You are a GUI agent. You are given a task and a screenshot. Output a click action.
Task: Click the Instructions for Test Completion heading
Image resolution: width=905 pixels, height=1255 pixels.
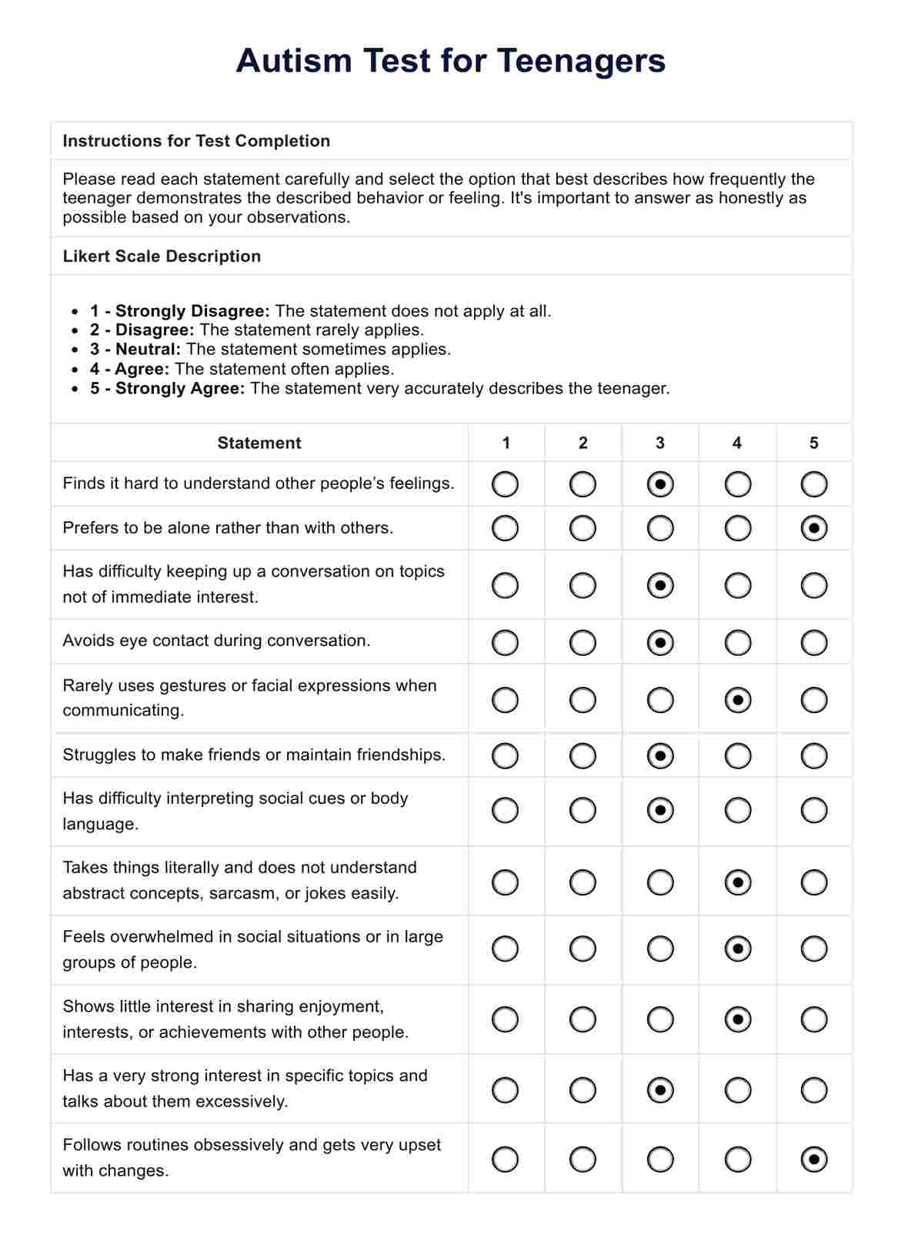[196, 141]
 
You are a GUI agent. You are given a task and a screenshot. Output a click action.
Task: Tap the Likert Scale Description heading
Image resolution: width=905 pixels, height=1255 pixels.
[162, 256]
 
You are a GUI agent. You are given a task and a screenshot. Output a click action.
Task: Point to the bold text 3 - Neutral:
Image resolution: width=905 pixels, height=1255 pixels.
[135, 350]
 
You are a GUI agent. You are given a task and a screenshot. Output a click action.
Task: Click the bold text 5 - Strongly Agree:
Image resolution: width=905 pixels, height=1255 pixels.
[167, 389]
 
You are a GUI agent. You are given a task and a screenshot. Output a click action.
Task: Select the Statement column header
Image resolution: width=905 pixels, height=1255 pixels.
[259, 443]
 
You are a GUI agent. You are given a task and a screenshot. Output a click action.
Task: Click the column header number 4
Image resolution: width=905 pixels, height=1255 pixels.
[736, 443]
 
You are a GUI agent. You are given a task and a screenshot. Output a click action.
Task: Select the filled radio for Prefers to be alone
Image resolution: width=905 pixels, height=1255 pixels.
[813, 529]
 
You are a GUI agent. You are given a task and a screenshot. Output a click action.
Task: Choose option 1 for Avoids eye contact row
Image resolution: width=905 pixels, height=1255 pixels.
[505, 643]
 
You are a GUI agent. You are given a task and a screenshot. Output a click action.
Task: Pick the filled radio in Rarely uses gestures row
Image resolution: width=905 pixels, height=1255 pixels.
[737, 701]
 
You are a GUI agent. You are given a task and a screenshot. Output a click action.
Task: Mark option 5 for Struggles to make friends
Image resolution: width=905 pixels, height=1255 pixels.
[813, 756]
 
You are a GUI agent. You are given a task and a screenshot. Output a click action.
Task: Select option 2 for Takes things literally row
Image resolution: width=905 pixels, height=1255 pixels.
[583, 882]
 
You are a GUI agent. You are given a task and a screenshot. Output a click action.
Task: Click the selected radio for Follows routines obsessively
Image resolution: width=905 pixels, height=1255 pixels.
[813, 1160]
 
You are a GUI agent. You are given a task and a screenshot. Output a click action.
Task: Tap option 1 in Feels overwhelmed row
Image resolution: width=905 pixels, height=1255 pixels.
[505, 949]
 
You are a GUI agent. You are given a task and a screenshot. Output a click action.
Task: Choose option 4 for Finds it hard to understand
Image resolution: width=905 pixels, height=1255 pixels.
[737, 484]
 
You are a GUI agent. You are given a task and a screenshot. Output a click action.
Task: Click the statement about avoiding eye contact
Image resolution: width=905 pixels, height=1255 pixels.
[216, 641]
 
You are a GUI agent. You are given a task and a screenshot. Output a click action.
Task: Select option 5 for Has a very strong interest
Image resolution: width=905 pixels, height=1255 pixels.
[813, 1090]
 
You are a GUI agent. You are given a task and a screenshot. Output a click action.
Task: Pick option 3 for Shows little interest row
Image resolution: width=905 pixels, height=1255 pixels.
[660, 1020]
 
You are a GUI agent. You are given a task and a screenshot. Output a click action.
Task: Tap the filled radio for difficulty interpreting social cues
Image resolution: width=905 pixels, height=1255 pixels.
[660, 811]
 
